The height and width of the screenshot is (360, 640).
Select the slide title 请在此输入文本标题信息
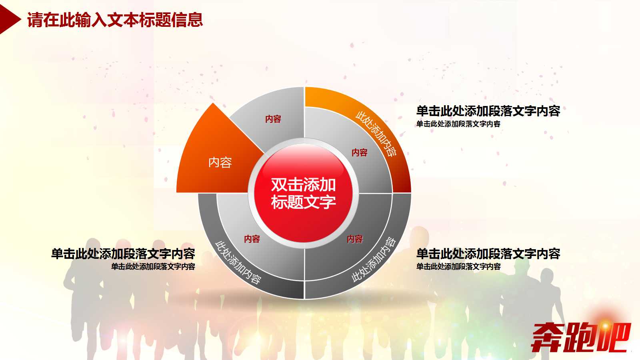point(115,20)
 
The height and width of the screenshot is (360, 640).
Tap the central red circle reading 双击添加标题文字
point(303,193)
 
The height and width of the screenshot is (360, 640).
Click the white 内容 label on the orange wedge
point(220,162)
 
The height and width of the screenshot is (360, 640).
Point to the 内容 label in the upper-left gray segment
point(273,119)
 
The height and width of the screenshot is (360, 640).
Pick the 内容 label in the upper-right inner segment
point(360,152)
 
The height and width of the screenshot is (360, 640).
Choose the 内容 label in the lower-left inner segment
point(252,239)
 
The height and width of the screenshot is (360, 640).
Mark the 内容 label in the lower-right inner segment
point(355,239)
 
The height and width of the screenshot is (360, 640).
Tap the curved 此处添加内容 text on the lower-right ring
point(374,260)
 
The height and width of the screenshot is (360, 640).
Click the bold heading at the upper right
point(488,111)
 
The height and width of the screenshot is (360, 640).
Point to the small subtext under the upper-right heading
point(458,124)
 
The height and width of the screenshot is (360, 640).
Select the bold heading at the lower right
point(488,254)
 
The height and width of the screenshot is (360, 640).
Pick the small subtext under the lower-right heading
point(458,266)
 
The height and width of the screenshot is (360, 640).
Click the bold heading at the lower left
point(123,254)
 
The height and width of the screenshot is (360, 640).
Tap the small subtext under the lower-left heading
point(153,266)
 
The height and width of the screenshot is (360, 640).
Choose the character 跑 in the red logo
point(580,337)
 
